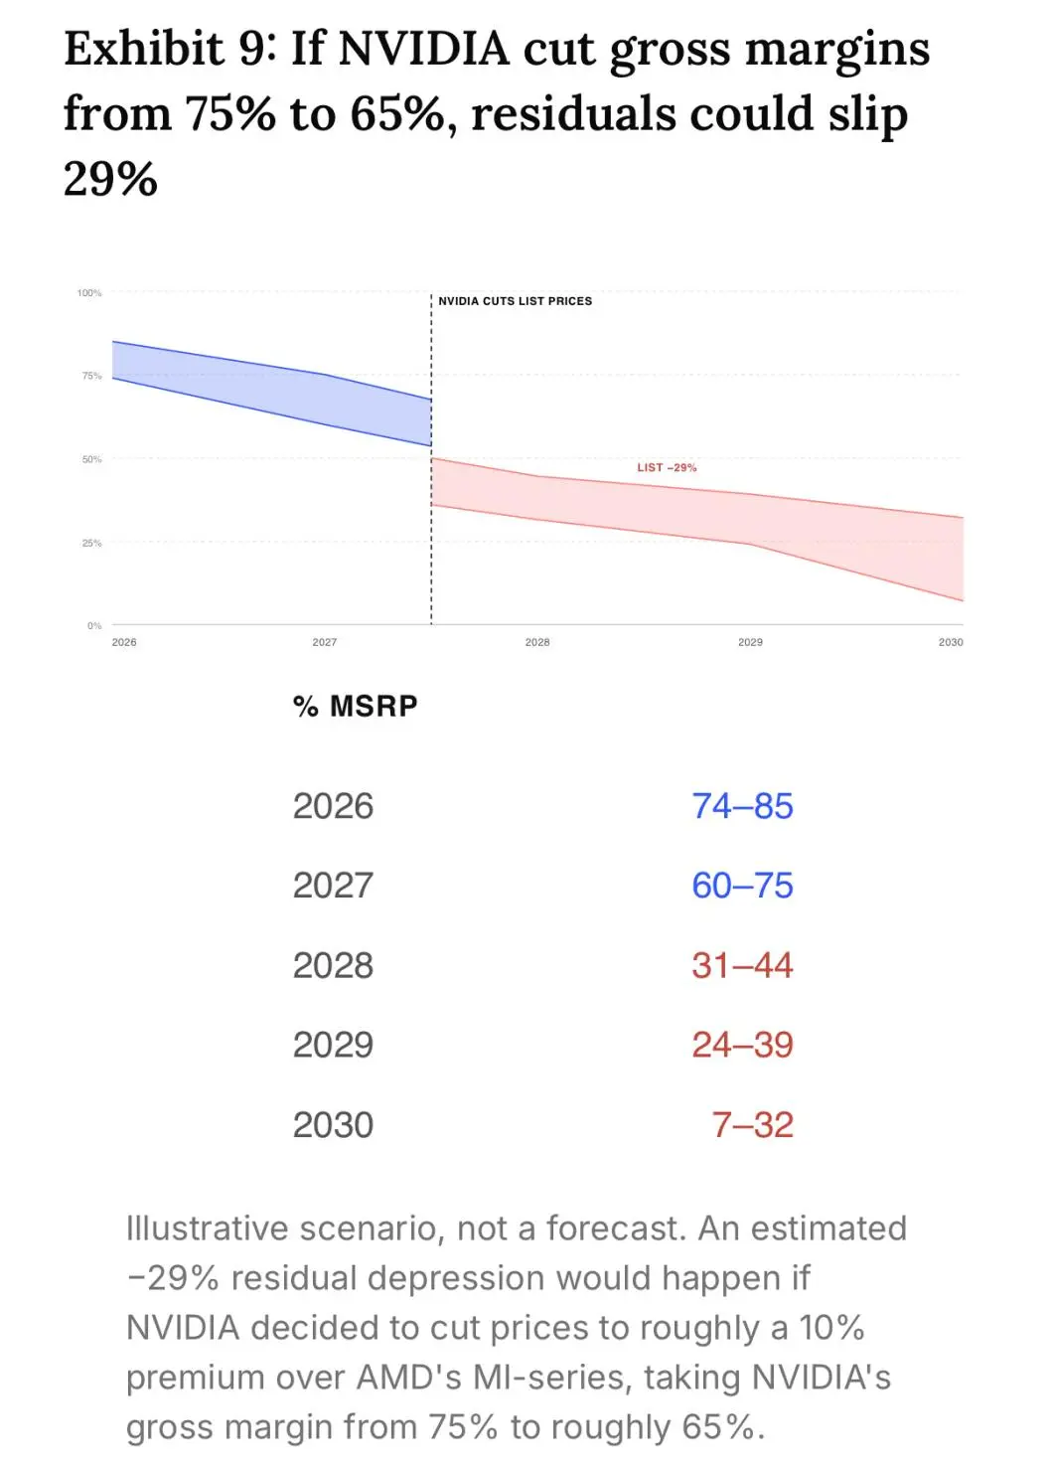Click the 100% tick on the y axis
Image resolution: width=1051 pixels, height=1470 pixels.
89,292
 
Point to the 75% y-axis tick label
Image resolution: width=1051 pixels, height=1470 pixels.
91,376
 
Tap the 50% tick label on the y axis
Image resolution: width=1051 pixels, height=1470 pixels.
91,459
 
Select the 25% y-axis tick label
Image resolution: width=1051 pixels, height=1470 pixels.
91,543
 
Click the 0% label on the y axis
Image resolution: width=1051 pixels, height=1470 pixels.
94,625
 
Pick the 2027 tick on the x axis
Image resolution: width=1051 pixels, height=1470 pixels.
325,642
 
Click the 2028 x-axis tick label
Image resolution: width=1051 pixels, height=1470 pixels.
537,642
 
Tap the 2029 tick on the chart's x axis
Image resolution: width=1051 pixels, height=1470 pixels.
751,642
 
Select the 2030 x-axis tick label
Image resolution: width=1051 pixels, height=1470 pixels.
951,642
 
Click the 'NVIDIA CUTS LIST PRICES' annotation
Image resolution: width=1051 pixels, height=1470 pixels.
515,301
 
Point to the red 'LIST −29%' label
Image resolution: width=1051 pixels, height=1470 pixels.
667,467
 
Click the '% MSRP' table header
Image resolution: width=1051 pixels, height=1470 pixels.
355,706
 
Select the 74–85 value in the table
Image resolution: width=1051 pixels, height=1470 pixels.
743,806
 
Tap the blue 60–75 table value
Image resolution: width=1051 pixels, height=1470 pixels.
743,886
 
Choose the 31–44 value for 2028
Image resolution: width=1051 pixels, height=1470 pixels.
743,965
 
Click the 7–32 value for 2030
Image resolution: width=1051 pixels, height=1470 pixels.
753,1125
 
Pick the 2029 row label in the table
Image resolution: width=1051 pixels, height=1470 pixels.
333,1045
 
